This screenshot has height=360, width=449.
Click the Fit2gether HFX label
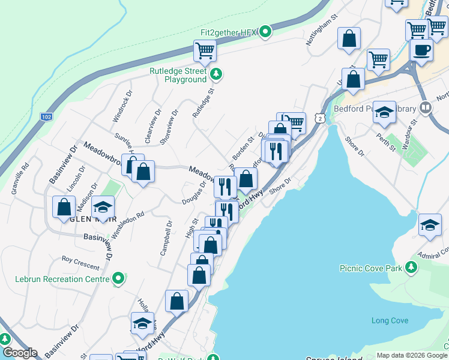click(230, 32)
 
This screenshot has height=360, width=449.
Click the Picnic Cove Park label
click(370, 269)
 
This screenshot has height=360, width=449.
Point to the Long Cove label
click(390, 320)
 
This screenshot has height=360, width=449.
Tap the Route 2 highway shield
click(322, 119)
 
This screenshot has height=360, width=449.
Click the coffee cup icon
click(421, 50)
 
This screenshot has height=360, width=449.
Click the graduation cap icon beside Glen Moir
click(104, 208)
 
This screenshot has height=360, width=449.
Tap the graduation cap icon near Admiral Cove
click(430, 224)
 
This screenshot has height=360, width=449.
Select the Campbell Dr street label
click(166, 238)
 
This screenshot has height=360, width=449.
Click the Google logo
click(19, 353)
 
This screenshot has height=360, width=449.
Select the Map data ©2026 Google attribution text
click(412, 355)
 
